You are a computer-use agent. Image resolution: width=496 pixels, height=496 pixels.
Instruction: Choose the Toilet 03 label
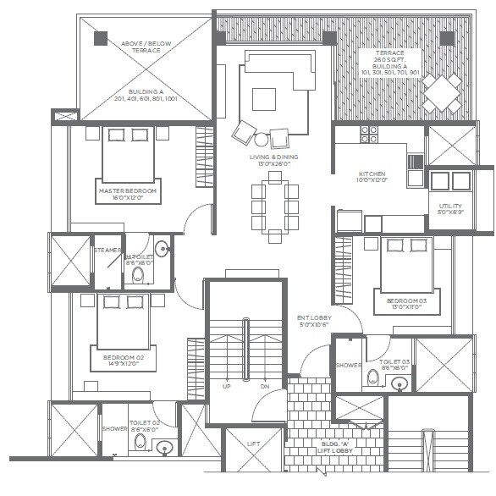394,364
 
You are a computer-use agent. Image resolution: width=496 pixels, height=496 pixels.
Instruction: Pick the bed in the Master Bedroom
129,154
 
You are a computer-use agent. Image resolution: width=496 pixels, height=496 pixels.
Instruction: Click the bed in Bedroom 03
407,264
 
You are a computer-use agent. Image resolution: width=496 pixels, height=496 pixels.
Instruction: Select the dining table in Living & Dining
273,207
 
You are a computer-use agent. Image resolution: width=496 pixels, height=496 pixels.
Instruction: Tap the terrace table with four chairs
442,91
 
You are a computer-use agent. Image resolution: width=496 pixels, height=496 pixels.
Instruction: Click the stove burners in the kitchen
369,134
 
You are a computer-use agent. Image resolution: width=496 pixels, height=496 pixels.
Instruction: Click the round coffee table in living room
262,140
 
